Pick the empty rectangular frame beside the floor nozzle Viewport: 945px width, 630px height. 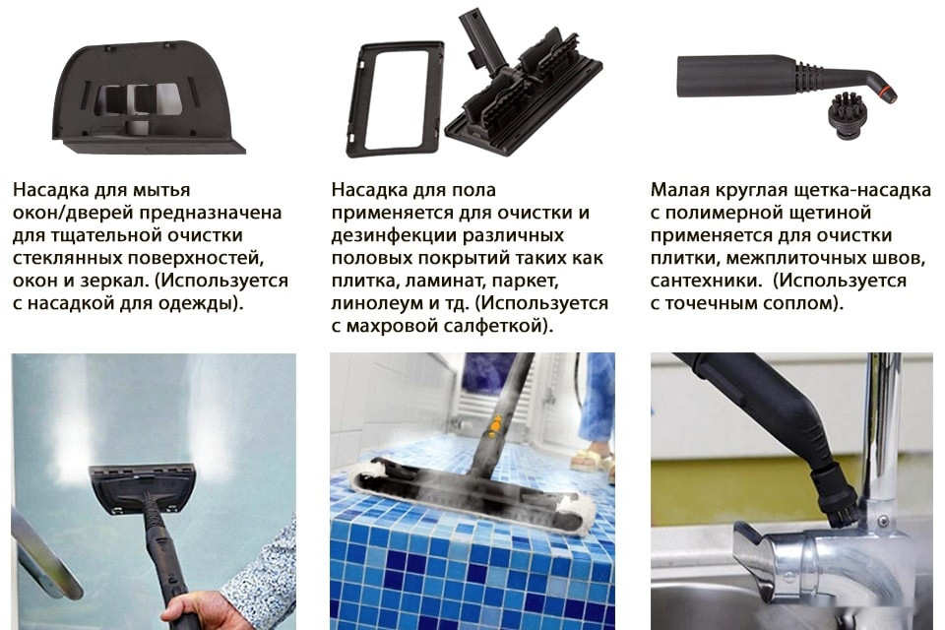(394, 98)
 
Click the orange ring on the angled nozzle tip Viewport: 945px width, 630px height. (890, 95)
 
